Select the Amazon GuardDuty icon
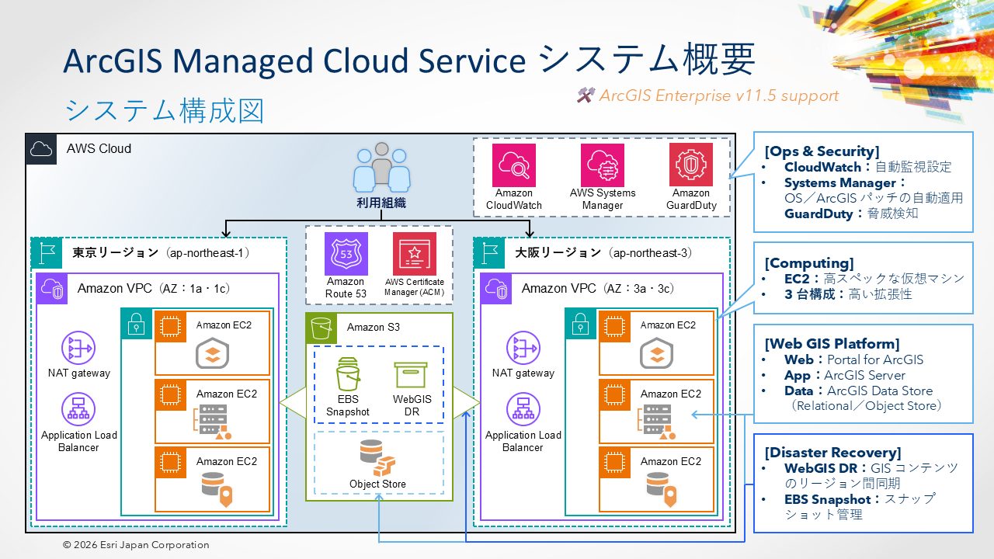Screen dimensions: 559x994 pos(691,165)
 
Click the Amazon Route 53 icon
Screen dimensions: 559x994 pos(346,254)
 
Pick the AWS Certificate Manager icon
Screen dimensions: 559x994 pos(415,254)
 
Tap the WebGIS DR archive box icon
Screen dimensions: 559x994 pos(411,375)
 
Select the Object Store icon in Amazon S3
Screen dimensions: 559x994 pos(377,458)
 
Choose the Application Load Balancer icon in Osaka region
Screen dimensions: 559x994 pos(523,411)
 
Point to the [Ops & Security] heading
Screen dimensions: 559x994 pos(822,151)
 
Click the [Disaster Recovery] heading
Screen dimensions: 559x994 pos(832,452)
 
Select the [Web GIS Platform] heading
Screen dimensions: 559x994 pos(832,343)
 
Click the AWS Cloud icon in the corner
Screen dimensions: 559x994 pos(41,148)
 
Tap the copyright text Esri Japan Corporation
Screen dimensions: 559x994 pos(136,545)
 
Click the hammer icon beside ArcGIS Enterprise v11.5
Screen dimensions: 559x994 pos(586,95)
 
